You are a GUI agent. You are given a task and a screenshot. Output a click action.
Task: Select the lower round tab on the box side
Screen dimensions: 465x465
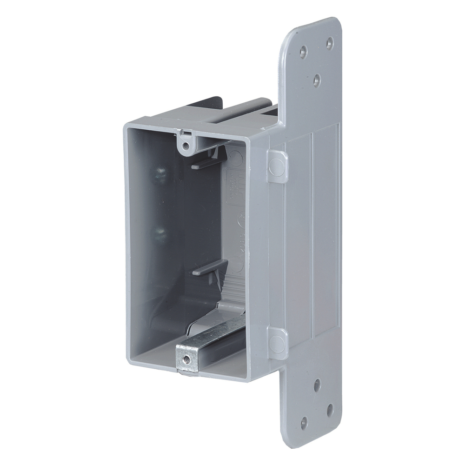tap(278, 343)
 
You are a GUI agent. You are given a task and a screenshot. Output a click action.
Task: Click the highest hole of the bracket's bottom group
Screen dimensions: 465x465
tap(317, 384)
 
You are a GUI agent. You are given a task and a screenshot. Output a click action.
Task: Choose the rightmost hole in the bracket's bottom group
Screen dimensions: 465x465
tap(330, 410)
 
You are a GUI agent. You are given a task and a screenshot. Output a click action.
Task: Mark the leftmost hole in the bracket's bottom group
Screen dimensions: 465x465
tap(304, 423)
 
